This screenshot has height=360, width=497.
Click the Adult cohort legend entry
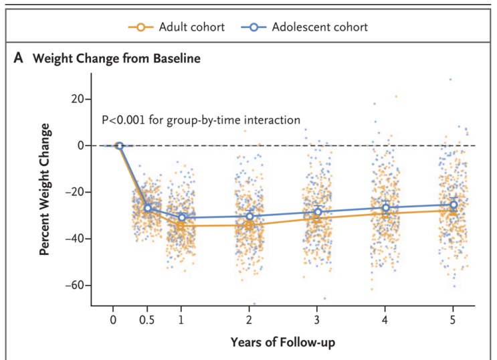pos(177,27)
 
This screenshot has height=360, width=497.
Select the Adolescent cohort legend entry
pos(304,27)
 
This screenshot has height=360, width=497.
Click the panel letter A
pos(18,58)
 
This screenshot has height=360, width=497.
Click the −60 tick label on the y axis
pos(75,285)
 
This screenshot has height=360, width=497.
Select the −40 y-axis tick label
pos(75,238)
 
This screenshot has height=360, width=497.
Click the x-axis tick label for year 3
pos(316,320)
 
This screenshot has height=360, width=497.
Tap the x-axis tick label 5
pos(453,320)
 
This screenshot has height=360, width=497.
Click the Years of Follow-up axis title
pos(283,343)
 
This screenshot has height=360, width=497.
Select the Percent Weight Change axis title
pos(45,189)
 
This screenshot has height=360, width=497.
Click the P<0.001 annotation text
pos(201,120)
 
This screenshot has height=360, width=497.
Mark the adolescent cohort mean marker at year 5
pos(454,205)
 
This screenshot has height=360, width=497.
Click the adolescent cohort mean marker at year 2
pos(250,216)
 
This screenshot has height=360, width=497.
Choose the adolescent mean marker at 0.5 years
pos(147,208)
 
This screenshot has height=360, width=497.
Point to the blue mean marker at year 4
pos(386,207)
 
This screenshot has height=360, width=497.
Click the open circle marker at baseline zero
pos(120,146)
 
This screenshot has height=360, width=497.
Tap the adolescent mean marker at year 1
pos(182,217)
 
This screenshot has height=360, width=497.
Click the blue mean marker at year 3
pos(318,212)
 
